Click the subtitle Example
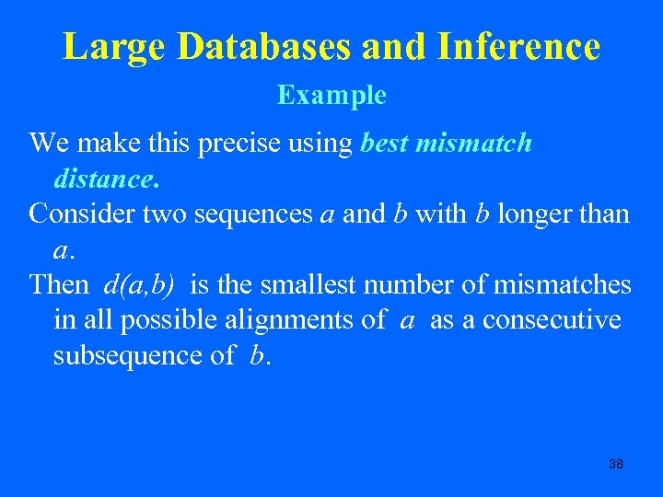331,95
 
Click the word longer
534,214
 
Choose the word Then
59,284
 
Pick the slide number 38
616,464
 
